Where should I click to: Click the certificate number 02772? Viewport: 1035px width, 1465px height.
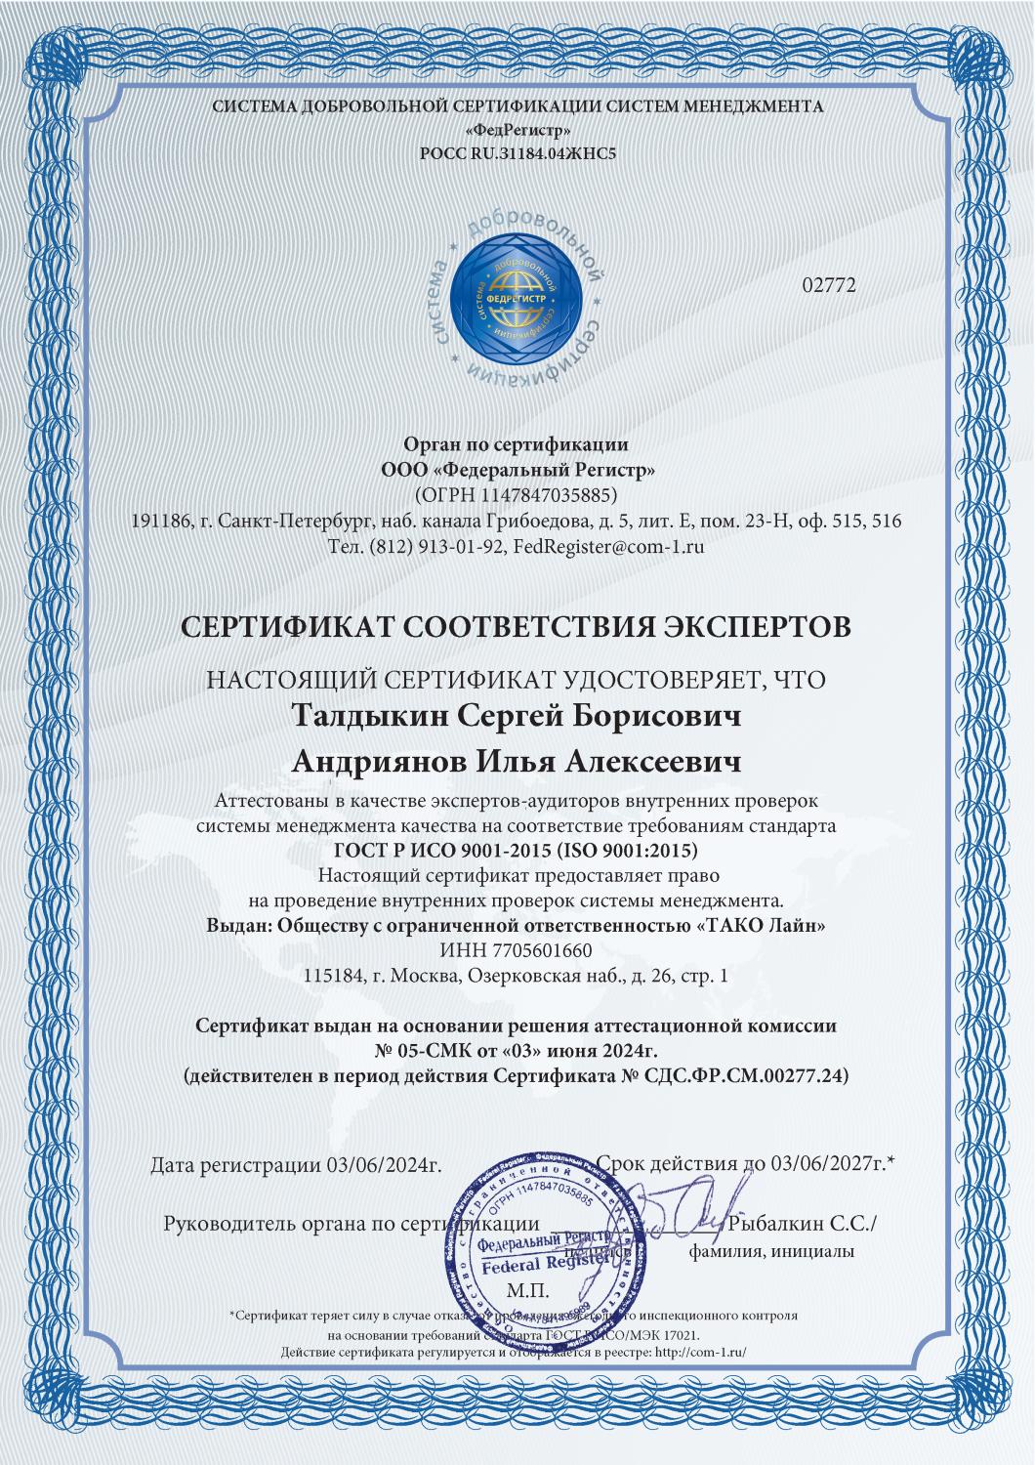pos(828,285)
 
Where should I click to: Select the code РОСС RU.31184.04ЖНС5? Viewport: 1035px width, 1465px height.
pos(517,153)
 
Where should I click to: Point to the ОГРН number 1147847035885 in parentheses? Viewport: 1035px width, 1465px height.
pos(517,493)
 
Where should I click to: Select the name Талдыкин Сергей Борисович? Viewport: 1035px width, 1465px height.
pos(517,716)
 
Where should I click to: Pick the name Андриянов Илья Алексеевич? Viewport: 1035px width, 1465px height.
pos(517,761)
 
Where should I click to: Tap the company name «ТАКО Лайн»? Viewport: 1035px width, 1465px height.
pos(764,925)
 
